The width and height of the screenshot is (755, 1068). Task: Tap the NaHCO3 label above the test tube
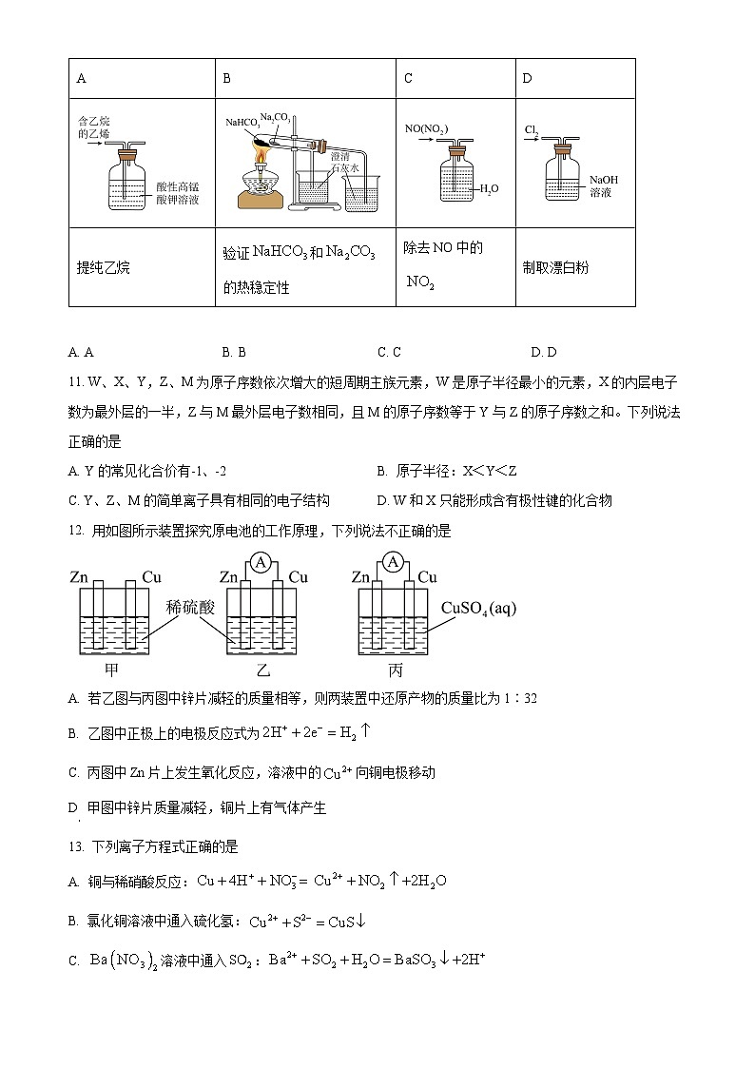coord(242,123)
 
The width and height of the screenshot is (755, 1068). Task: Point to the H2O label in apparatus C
coord(488,189)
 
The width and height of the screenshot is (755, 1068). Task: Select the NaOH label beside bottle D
coord(603,180)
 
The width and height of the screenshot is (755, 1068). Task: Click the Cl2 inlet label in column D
coord(532,129)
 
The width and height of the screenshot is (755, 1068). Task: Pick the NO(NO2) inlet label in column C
coord(426,129)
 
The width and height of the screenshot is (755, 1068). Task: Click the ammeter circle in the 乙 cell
coord(260,563)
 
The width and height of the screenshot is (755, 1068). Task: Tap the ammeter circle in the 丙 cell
coord(392,563)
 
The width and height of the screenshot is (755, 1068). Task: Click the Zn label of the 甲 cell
coord(81,577)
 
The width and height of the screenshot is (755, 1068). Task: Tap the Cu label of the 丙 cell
coord(427,577)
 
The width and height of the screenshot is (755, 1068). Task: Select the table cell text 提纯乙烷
coord(103,268)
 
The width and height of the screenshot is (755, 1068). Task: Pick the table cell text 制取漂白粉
coord(555,268)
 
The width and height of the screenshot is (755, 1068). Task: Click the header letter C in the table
coord(408,79)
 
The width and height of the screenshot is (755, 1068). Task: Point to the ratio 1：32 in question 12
coord(522,699)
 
